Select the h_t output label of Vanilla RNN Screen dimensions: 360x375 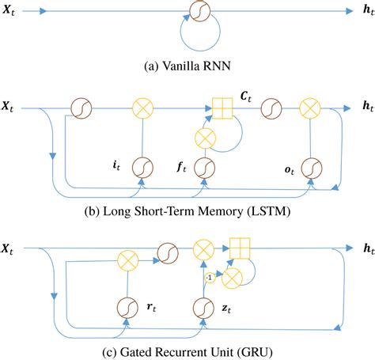point(360,12)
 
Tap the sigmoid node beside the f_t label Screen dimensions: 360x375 point(203,168)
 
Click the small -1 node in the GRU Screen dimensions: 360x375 point(209,278)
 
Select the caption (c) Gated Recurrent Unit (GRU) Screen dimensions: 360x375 point(187,349)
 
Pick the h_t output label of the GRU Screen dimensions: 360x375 point(360,250)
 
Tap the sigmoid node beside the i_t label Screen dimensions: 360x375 point(142,168)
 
